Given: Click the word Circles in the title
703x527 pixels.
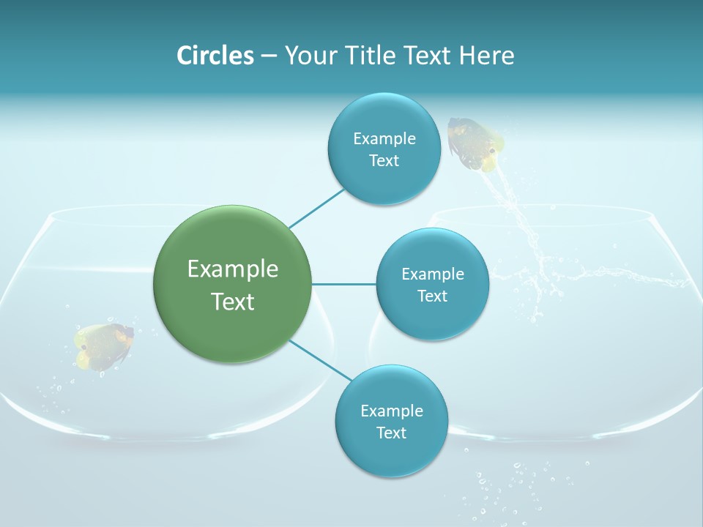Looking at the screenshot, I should pos(215,56).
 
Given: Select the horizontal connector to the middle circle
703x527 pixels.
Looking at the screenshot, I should pos(343,284).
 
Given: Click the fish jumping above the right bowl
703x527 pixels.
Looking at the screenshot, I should pos(475,143).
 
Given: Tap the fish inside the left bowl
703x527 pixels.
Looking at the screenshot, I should pos(103,345).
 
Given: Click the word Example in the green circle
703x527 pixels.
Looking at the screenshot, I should pos(233,269).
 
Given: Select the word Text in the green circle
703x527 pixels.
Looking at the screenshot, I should pos(233,302).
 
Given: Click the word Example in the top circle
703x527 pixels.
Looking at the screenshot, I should pos(384,139).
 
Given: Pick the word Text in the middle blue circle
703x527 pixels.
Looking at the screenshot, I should pos(432,296).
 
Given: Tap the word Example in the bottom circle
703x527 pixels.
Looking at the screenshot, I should pos(391,411).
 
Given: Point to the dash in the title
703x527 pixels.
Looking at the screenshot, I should pos(268,56).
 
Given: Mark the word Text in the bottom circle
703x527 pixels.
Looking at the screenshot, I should pos(391,433).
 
